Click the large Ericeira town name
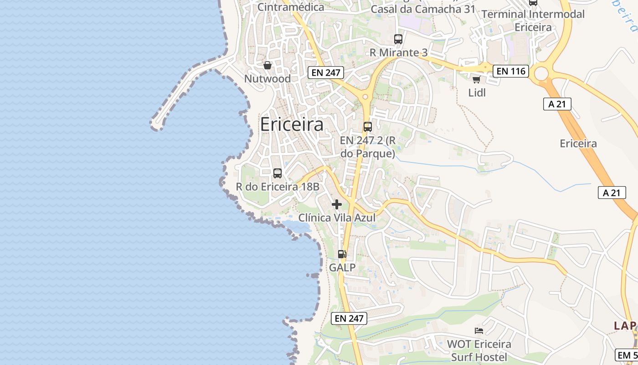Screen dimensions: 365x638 coord(292,125)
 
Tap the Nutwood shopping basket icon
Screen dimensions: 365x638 coord(268,66)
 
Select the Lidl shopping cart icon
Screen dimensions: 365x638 coord(476,80)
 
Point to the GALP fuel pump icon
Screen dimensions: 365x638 coord(342,254)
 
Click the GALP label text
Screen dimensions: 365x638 coord(342,268)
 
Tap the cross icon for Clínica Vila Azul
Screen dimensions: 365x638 coord(337,204)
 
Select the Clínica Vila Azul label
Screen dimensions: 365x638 coord(337,218)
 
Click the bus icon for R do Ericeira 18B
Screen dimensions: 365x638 coord(277,173)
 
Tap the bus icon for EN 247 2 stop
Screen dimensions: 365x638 coord(367,127)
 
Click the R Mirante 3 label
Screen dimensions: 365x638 coord(398,53)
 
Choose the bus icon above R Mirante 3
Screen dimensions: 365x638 coord(398,39)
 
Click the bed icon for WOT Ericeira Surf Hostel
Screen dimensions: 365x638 coord(478,330)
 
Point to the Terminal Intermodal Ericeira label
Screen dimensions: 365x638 coord(533,21)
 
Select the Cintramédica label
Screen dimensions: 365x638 coord(291,7)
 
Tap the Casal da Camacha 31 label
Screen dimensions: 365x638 coord(423,9)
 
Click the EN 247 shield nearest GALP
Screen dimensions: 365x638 coord(350,318)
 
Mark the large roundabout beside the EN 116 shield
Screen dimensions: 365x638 coord(541,73)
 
